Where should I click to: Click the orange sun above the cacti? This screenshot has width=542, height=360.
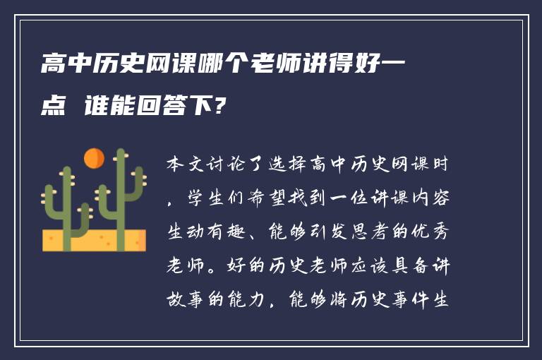click(x=94, y=158)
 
